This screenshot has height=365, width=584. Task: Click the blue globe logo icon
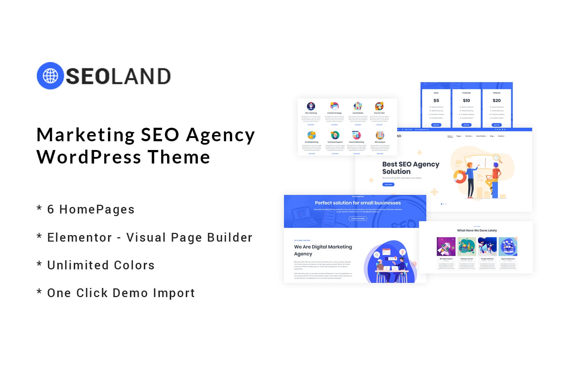pos(50,76)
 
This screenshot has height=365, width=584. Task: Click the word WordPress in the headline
pos(89,157)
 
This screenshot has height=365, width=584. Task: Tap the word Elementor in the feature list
pos(80,238)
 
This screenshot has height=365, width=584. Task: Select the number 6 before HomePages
pos(51,210)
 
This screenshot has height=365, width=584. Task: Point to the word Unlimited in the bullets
pos(73,265)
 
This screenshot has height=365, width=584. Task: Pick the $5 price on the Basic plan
pos(436,100)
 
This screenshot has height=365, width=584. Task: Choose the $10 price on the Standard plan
pos(466,100)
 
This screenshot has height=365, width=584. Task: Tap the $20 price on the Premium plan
pos(497,100)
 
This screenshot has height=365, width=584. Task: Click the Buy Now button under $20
pos(497,125)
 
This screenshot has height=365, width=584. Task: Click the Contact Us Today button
pos(358,219)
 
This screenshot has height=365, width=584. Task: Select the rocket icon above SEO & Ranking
pos(311,106)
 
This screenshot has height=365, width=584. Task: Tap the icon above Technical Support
pos(335,135)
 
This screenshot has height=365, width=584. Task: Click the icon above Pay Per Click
pos(379,106)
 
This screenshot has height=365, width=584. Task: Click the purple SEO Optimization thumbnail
pos(446,246)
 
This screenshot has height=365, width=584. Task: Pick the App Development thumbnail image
pos(508,246)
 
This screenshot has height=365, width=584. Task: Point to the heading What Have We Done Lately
pos(477,231)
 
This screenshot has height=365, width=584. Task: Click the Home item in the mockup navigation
pos(450,136)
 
